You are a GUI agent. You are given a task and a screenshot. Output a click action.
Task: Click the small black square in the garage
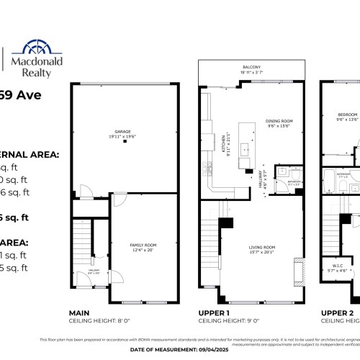tap(125, 143)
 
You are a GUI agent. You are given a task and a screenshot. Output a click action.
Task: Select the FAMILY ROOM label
tap(143, 246)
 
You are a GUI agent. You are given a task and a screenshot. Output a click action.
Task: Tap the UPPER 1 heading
tap(213, 313)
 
